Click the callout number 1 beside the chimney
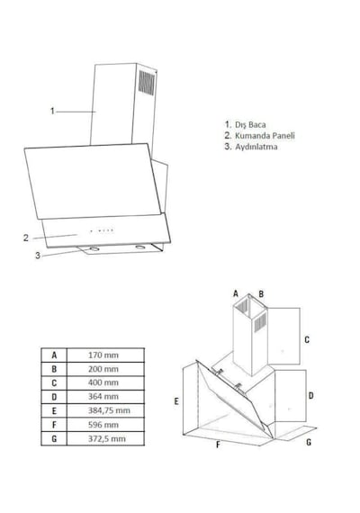click(52, 111)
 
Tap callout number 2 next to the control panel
click(26, 238)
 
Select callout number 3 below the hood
click(38, 256)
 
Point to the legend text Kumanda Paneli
click(265, 135)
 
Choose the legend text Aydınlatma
click(256, 147)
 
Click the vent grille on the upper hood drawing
click(147, 83)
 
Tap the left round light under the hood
click(94, 249)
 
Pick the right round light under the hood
click(140, 247)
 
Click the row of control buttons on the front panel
click(102, 230)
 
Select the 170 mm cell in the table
click(103, 355)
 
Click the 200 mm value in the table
click(103, 369)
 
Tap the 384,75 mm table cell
click(109, 410)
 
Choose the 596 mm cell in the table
click(103, 425)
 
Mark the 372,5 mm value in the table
click(107, 438)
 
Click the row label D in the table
click(54, 397)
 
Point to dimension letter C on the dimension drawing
click(307, 339)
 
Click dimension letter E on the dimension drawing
click(176, 401)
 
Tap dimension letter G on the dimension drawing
click(309, 442)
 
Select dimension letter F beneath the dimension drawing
click(218, 445)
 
